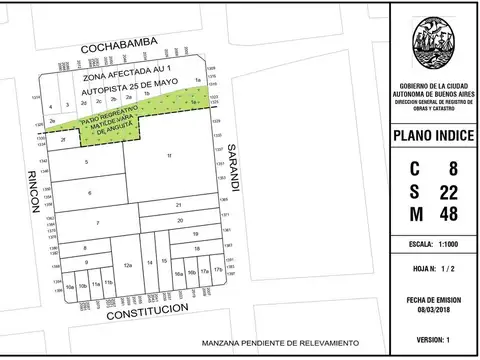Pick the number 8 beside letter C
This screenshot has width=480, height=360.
pyautogui.click(x=454, y=168)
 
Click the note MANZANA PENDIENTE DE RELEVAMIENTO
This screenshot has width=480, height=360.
pyautogui.click(x=279, y=343)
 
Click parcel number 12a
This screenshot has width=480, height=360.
pyautogui.click(x=127, y=265)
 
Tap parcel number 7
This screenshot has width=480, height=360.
pyautogui.click(x=98, y=222)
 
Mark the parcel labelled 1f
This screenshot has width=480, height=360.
pyautogui.click(x=170, y=156)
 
